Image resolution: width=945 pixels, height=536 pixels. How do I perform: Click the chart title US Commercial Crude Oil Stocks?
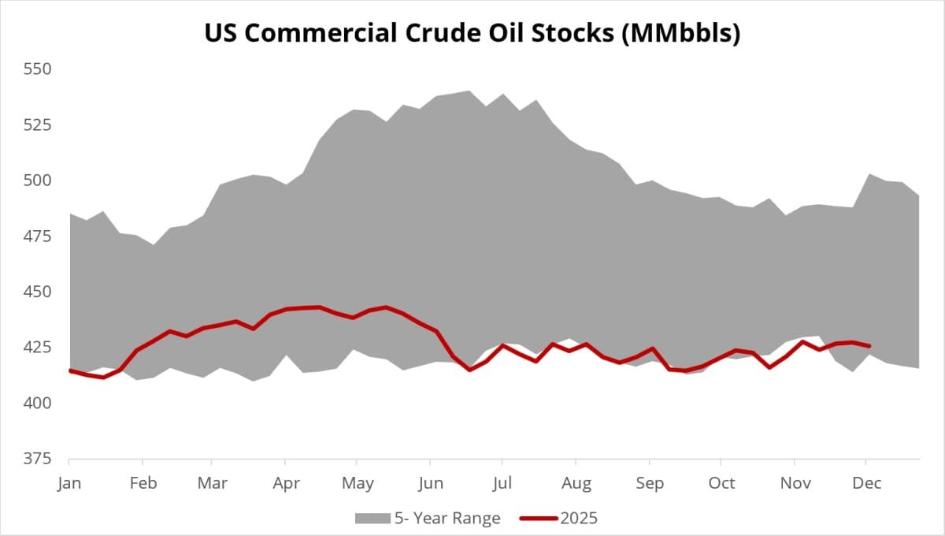[472, 33]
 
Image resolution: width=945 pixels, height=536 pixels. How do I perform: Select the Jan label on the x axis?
[69, 483]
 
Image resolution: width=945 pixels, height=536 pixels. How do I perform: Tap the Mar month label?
[211, 483]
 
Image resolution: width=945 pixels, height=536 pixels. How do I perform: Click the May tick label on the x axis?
[358, 483]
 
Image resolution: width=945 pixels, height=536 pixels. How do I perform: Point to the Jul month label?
[502, 483]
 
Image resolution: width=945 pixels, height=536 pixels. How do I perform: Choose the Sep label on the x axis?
[650, 483]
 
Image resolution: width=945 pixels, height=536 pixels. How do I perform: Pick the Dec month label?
[866, 483]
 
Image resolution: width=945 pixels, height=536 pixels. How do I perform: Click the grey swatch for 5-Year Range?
[372, 518]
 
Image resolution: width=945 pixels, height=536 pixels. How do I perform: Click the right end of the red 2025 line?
[869, 345]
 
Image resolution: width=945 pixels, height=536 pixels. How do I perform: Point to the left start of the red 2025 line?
[70, 370]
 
